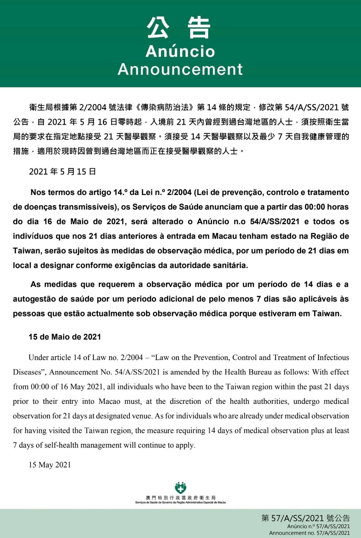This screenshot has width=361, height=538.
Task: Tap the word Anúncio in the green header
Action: tap(180, 51)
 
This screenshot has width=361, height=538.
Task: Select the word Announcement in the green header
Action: tap(180, 69)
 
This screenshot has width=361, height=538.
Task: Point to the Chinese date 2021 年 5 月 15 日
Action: tap(63, 171)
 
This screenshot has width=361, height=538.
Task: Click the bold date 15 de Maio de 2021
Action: tap(65, 337)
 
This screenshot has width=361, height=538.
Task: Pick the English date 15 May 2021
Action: tap(50, 465)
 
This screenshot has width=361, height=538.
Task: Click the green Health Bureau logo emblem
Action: tap(180, 488)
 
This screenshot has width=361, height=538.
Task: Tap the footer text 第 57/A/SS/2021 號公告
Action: tap(305, 518)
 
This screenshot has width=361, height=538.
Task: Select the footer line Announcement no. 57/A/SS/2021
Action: tap(309, 533)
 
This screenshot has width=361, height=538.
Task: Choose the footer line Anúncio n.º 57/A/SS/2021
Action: tap(318, 526)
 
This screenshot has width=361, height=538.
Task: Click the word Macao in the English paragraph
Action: tap(109, 401)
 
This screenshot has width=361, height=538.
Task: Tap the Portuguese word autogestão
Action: tap(34, 299)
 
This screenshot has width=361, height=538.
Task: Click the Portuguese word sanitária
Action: tap(230, 265)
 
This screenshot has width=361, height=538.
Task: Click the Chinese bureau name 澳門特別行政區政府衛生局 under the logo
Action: tap(180, 497)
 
